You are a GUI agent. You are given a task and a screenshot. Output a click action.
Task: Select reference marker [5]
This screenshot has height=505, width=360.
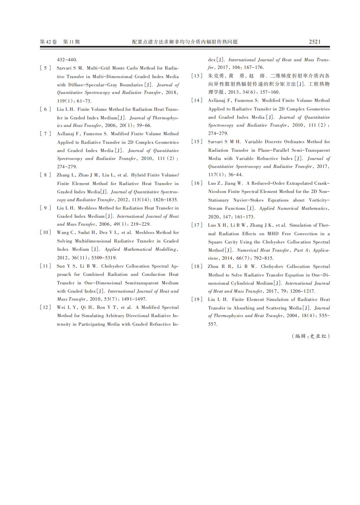45,68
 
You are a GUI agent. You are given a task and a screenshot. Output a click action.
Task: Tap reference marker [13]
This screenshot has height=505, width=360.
197,76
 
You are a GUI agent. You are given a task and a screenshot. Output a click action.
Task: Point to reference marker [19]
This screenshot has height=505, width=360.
197,299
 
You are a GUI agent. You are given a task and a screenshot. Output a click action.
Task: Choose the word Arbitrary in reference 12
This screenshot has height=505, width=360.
113,316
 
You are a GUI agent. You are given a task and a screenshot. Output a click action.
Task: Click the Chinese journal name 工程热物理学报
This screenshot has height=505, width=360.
319,84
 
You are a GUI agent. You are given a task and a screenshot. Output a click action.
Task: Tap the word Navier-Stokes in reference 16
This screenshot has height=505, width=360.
248,200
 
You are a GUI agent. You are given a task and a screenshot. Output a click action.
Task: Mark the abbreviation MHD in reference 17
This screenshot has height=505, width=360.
273,234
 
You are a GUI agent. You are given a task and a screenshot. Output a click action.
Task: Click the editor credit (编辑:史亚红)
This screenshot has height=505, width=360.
310,336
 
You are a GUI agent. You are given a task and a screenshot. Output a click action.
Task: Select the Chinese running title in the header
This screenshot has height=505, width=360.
185,42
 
